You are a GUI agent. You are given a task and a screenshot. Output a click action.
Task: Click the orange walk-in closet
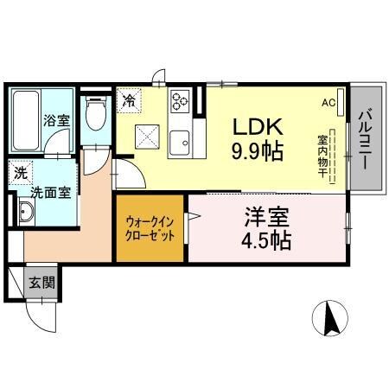(150, 229)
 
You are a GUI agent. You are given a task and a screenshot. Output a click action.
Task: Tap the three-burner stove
(181, 101)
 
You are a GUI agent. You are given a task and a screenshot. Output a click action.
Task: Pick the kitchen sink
(181, 142)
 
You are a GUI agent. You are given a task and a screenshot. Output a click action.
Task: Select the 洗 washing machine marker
(20, 173)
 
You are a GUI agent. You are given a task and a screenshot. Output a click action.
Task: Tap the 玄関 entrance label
(41, 282)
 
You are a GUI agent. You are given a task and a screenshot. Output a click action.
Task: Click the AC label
(328, 101)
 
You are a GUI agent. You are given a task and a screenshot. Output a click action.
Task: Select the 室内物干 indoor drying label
(322, 156)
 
